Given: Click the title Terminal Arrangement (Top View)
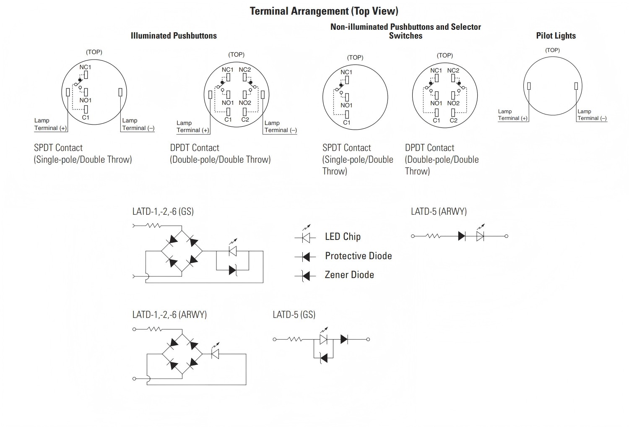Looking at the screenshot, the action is point(324,11).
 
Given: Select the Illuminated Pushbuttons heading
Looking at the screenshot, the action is point(174,36).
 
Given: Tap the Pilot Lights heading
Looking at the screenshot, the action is point(556,36).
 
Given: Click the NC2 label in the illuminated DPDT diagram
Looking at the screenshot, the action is point(244,70).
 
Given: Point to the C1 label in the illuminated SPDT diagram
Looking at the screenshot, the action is point(86,117).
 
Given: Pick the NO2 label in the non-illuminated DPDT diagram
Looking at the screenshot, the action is point(453,103).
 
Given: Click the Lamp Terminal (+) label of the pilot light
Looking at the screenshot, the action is point(513,115).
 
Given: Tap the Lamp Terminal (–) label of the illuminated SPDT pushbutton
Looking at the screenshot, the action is point(138,124).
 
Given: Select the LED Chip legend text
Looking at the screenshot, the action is point(343,237).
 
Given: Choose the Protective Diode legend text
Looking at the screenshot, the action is point(358,256).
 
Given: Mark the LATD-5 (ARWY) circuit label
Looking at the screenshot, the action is point(439,211).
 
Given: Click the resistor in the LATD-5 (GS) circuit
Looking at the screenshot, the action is point(294,339).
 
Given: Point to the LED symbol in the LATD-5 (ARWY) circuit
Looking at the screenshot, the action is point(480,234).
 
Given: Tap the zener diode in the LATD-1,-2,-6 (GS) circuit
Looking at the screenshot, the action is point(233,270).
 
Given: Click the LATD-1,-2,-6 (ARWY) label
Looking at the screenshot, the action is point(169,315).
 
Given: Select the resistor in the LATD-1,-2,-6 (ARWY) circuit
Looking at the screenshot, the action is point(155,329).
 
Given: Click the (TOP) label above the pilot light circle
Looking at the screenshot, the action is point(552,50).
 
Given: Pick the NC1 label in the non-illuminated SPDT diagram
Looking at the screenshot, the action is point(346,72).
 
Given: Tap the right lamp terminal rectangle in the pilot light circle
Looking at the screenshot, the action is point(576,86).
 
